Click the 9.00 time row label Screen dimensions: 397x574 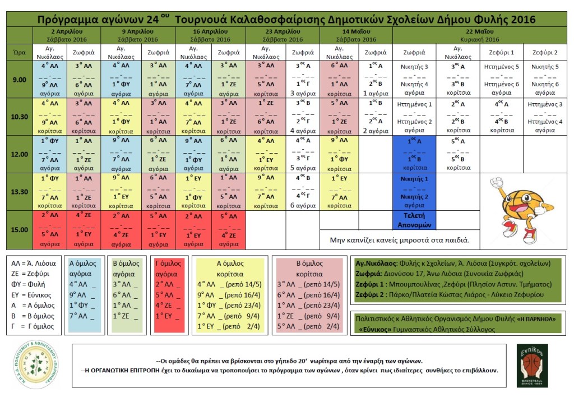pyautogui.click(x=20, y=80)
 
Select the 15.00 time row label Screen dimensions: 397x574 pyautogui.click(x=20, y=229)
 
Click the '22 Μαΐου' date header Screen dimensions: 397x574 pyautogui.click(x=480, y=31)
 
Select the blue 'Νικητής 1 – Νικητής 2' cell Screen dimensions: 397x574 pyautogui.click(x=415, y=191)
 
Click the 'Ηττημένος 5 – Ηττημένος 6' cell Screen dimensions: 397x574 pyautogui.click(x=502, y=80)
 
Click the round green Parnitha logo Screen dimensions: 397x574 pyautogui.click(x=36, y=366)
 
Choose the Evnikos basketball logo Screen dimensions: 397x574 pyautogui.click(x=532, y=366)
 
